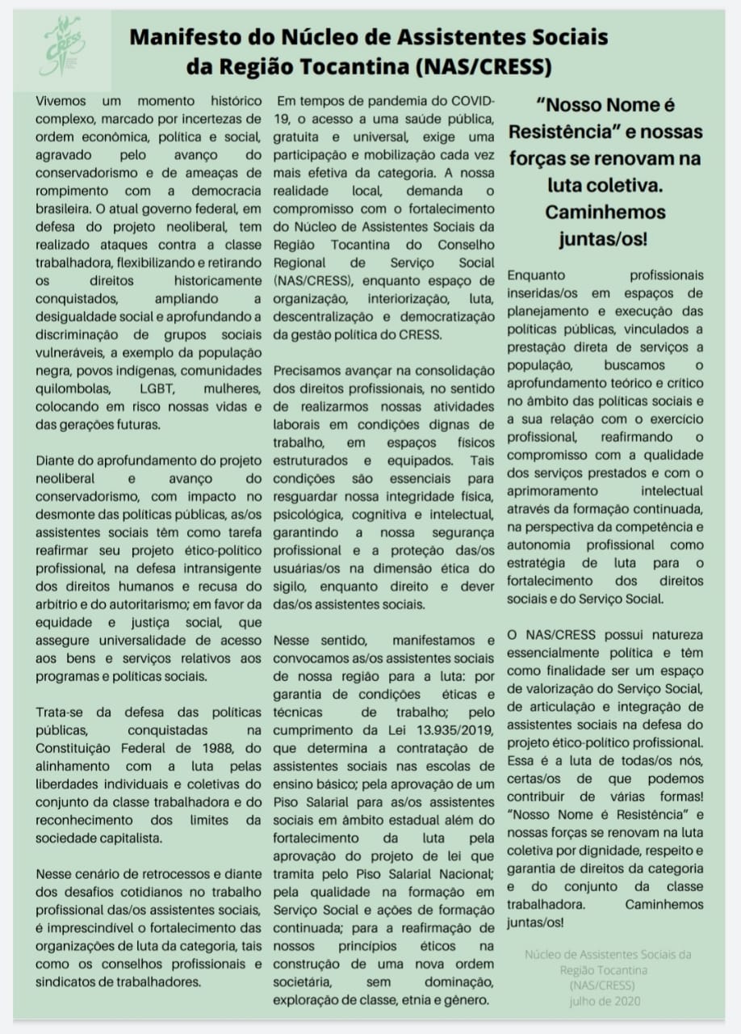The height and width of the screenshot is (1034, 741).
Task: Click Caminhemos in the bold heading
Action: [605, 212]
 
